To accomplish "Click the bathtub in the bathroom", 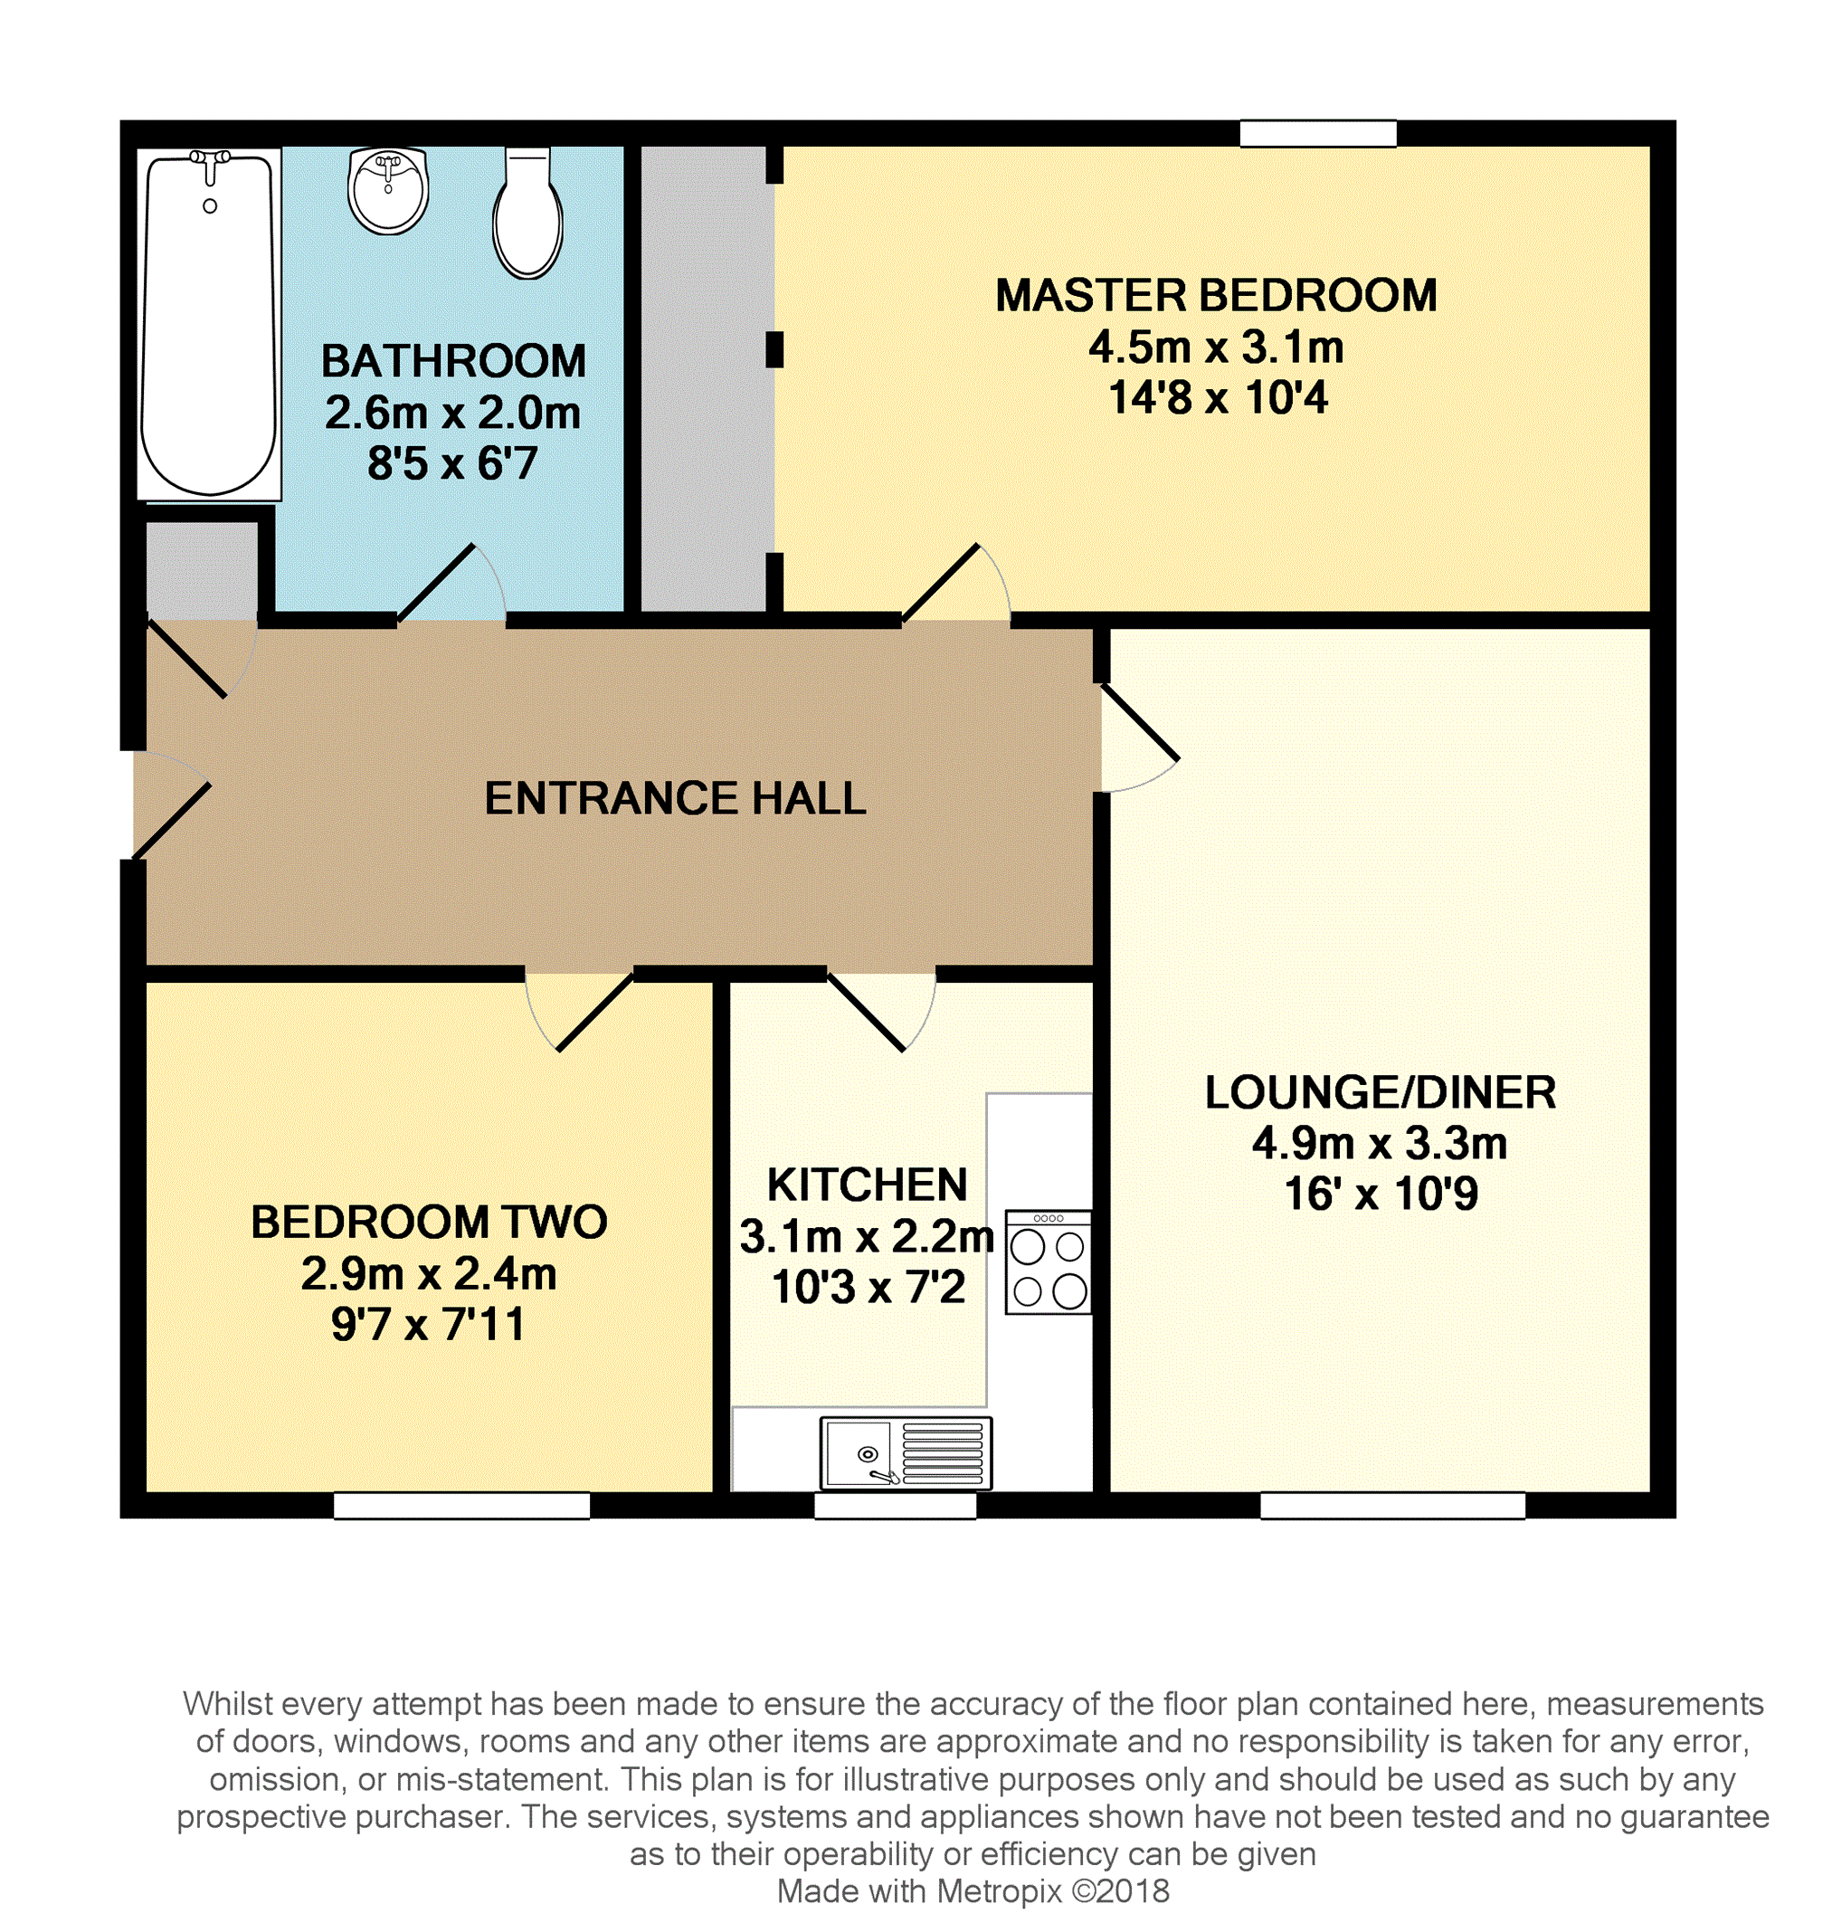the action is click(x=209, y=324).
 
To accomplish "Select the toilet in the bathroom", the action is click(x=527, y=213).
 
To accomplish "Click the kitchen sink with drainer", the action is click(x=907, y=1453).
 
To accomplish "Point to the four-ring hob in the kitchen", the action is click(x=1048, y=1261).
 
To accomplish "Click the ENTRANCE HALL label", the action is click(x=676, y=798).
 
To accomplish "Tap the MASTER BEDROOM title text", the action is click(x=1217, y=295).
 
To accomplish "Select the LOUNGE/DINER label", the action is click(x=1381, y=1092).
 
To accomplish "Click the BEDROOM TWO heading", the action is click(x=430, y=1222).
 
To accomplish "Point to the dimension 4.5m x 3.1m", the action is click(x=1217, y=347).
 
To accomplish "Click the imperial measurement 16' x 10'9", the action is click(x=1381, y=1194).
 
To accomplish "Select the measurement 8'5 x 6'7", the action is click(x=452, y=463).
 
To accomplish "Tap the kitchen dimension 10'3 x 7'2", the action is click(x=869, y=1287).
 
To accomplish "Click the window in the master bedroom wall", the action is click(x=1318, y=134).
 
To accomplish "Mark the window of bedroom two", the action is click(x=462, y=1506).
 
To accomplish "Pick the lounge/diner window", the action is click(x=1393, y=1506).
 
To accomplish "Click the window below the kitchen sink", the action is click(x=896, y=1506).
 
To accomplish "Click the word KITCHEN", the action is click(x=868, y=1185).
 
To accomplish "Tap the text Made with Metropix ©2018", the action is click(x=973, y=1891).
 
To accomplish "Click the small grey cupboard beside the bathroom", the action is click(x=202, y=570).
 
